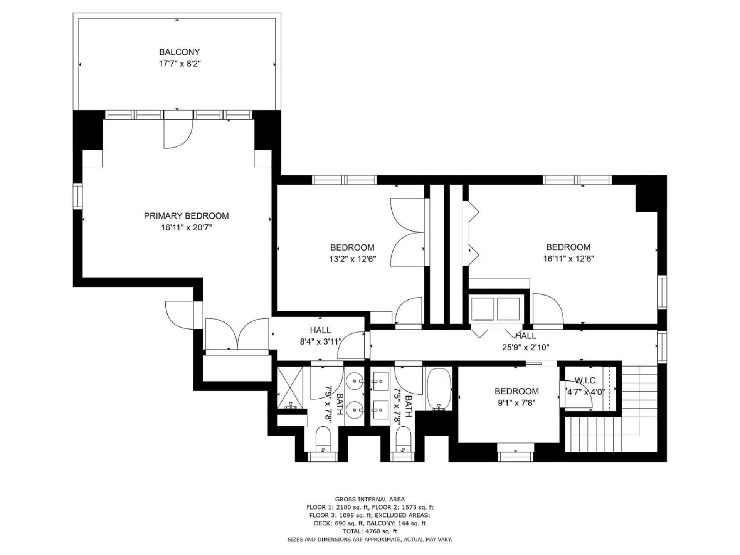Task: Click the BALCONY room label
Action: tap(180, 52)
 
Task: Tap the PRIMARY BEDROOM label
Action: tap(186, 216)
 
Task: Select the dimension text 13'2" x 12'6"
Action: tap(352, 259)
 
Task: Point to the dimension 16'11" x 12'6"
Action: tap(568, 259)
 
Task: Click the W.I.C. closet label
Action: tap(586, 381)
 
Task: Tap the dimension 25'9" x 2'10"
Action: tap(526, 347)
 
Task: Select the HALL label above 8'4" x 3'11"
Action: tap(320, 330)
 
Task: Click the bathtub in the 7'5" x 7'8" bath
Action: tap(439, 389)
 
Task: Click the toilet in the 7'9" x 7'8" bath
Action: tap(323, 439)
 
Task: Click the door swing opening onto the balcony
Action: tap(178, 134)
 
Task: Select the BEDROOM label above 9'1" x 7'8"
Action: tap(516, 392)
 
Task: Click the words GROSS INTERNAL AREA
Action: tap(370, 499)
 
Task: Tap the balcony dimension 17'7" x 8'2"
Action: tap(180, 64)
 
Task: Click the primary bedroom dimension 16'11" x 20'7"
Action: tap(186, 228)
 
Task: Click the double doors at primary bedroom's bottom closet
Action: tap(237, 334)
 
